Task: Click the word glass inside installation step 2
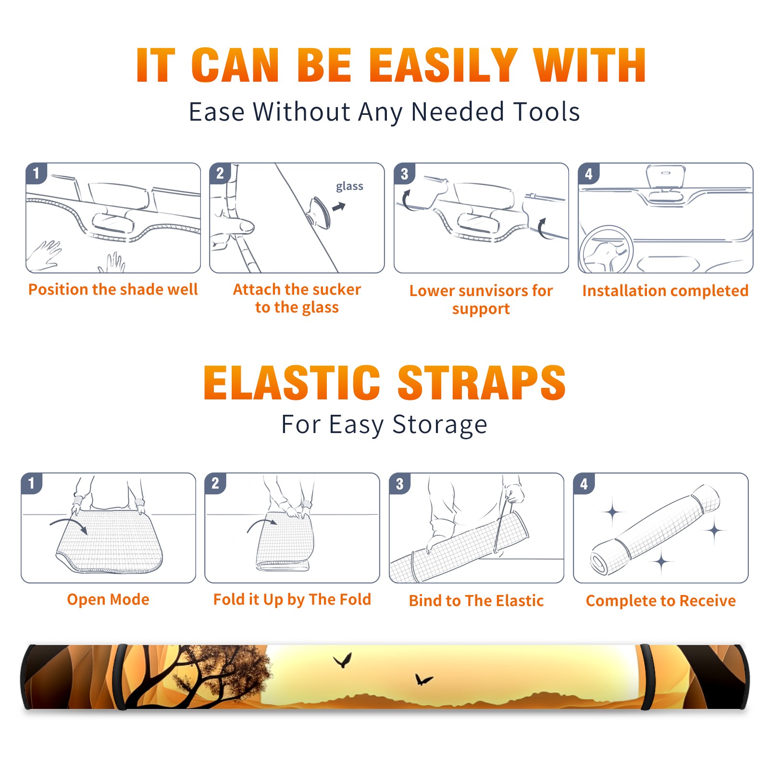point(349,186)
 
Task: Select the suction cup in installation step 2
point(319,212)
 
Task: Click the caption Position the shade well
point(113,289)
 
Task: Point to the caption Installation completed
point(665,290)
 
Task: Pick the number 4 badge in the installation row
point(589,174)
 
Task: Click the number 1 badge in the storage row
point(32,483)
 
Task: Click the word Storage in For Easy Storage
point(440,425)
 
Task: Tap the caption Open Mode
point(108,599)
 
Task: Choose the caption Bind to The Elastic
point(476,601)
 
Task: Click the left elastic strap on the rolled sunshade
point(121,677)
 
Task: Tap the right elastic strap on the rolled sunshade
point(646,677)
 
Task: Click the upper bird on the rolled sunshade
point(343,660)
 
